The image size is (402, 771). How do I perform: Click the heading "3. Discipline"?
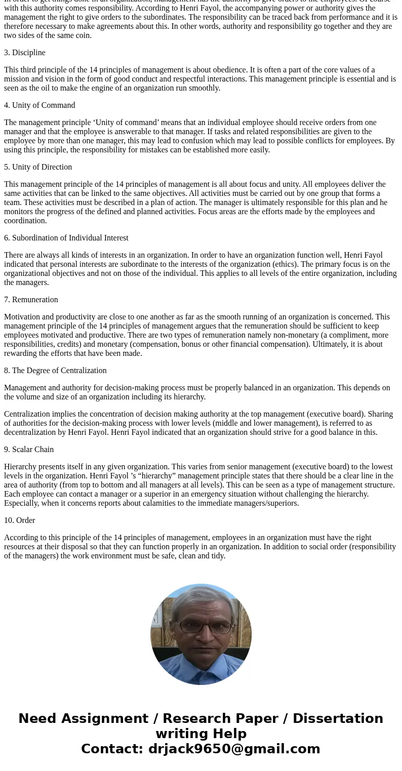25,53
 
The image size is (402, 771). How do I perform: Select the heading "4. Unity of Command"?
39,105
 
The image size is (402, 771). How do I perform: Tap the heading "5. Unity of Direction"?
38,167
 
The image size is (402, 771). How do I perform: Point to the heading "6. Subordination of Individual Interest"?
66,238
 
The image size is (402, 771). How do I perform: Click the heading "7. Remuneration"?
31,300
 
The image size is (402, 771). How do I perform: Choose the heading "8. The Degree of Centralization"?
55,371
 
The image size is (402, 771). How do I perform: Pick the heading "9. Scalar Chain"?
29,450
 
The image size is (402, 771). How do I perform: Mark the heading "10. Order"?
20,520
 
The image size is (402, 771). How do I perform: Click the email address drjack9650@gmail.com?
234,749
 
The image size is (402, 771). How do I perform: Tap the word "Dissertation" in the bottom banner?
338,718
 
